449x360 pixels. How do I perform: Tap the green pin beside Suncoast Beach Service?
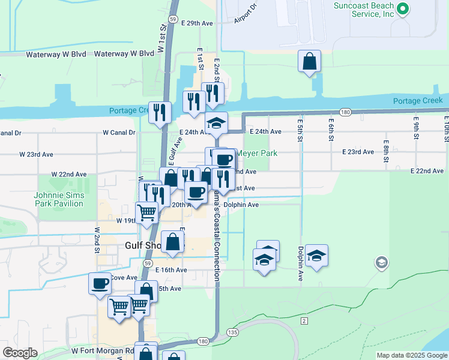click(403, 9)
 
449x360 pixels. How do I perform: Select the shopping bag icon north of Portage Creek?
click(309, 61)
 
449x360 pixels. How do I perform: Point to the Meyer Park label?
click(256, 153)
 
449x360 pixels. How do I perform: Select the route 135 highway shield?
click(232, 332)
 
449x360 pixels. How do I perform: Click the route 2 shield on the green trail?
click(304, 321)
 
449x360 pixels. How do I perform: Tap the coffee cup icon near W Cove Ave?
click(100, 283)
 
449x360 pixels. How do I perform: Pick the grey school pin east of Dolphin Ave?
click(381, 262)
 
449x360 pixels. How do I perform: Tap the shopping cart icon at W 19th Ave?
click(146, 212)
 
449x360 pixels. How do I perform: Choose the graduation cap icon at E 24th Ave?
click(216, 124)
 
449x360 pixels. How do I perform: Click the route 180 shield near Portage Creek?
click(345, 112)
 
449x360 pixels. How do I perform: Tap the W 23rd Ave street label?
click(35, 154)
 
